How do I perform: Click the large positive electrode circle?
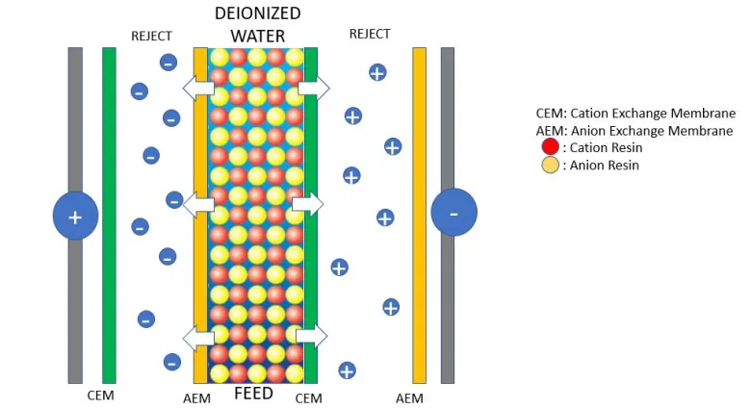[x=76, y=216]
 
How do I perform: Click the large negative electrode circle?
[x=453, y=212]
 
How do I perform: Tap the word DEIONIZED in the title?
[x=258, y=13]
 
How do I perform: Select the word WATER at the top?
[x=258, y=36]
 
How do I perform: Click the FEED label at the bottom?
[x=254, y=394]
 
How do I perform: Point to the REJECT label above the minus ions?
[x=151, y=36]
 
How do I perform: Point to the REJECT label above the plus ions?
[x=370, y=34]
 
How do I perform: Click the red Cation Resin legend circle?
[x=551, y=146]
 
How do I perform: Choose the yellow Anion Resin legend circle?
[x=551, y=165]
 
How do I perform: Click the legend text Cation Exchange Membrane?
[x=653, y=113]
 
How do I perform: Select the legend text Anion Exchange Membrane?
[x=652, y=131]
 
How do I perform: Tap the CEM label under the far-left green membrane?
[x=100, y=396]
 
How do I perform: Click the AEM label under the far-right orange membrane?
[x=409, y=398]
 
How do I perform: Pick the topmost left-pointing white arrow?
[x=198, y=89]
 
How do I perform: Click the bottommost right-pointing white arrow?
[x=312, y=336]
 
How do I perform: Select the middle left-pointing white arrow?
[x=198, y=205]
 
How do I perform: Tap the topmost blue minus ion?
[x=168, y=63]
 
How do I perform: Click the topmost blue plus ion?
[x=377, y=72]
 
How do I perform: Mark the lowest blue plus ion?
[x=347, y=371]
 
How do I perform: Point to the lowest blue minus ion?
[x=172, y=362]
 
